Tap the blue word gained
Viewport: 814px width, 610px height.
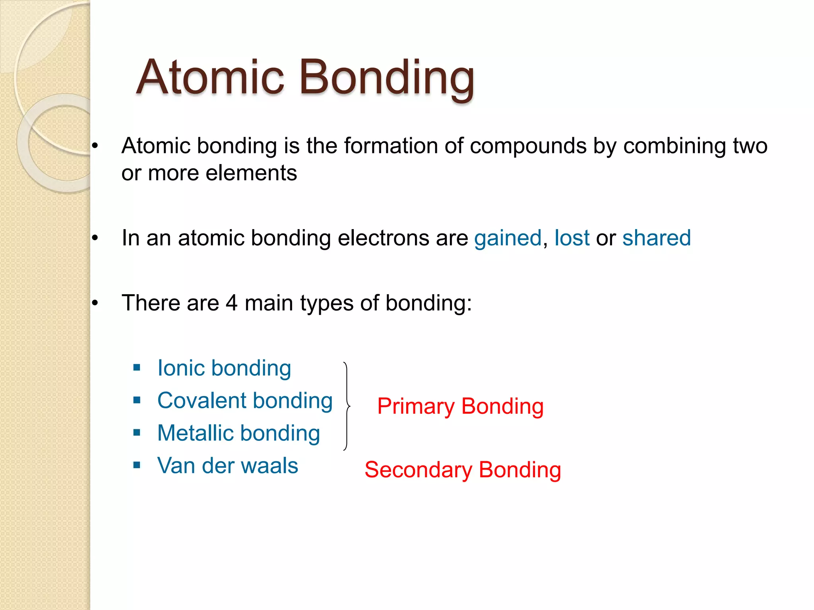508,238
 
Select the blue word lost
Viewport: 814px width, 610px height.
572,238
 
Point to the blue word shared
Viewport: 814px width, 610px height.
656,238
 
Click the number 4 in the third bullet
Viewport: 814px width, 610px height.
231,303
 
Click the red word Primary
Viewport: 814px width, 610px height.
416,407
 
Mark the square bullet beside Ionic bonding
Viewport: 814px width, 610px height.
137,368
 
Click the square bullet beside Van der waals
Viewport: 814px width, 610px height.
137,465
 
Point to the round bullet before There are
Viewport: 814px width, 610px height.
95,303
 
